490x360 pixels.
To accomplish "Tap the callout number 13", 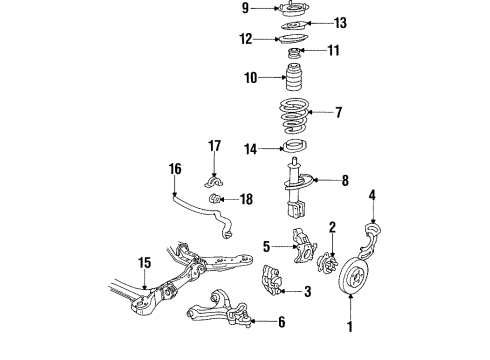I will pyautogui.click(x=340, y=23).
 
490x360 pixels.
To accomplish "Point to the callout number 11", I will pyautogui.click(x=334, y=51).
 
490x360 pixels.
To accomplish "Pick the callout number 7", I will pyautogui.click(x=340, y=113).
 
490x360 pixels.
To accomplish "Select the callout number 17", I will pyautogui.click(x=215, y=146).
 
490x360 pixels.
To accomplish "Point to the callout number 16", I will pyautogui.click(x=176, y=169).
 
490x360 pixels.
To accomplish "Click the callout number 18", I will pyautogui.click(x=246, y=200).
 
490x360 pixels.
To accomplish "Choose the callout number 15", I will pyautogui.click(x=144, y=263).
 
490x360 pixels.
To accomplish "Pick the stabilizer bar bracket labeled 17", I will pyautogui.click(x=214, y=180).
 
